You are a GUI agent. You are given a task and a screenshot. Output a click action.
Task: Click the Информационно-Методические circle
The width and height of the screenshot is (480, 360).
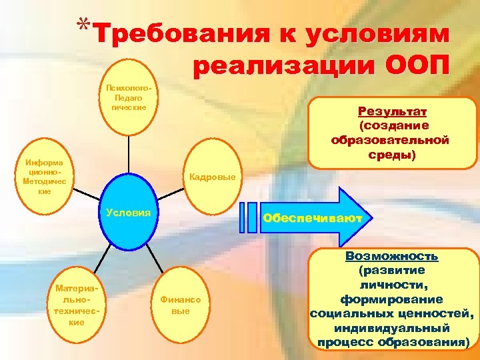45,177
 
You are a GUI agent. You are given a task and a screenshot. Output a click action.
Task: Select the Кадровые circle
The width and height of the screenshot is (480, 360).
212,177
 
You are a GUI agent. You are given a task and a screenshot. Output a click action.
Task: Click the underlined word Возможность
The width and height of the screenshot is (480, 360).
391,256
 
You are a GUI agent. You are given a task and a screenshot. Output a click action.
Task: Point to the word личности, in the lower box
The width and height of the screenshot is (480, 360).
391,285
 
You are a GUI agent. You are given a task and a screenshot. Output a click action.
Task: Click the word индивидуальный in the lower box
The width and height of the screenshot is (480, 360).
391,328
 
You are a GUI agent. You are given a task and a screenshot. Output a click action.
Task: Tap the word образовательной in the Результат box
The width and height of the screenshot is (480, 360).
391,140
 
